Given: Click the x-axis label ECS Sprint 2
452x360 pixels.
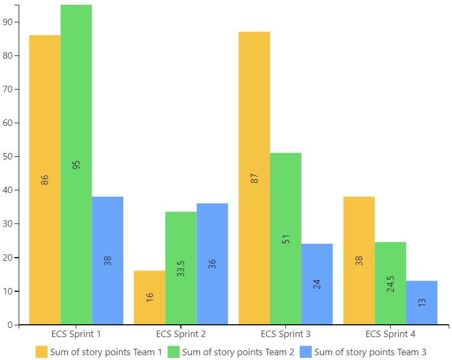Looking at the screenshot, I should click(181, 334).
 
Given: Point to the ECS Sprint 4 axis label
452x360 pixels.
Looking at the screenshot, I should click(390, 334).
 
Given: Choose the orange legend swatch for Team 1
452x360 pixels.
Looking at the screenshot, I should click(42, 352).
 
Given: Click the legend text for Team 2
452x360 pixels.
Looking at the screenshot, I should click(238, 352).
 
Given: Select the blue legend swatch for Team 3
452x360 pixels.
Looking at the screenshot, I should click(305, 352).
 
